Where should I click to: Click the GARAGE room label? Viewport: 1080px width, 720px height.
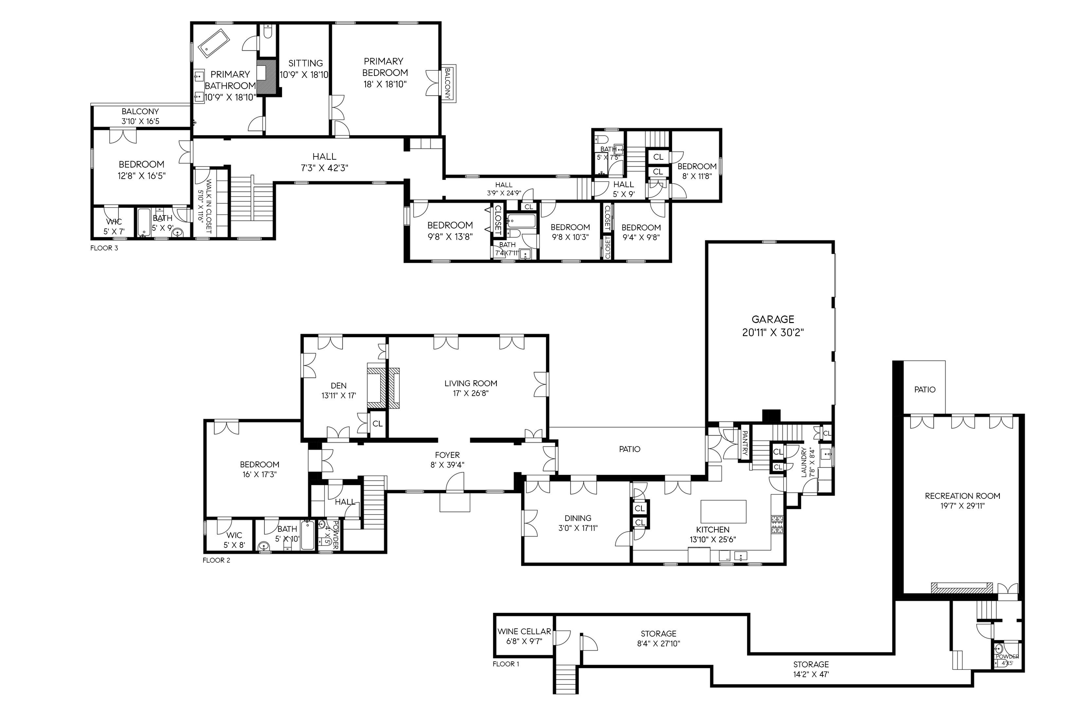(772, 319)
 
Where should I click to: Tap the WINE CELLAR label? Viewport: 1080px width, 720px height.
(524, 631)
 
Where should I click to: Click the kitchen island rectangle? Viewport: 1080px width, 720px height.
(723, 512)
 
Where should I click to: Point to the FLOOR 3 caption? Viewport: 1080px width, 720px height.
(104, 248)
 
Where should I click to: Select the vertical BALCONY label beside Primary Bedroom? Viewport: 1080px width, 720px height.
(448, 83)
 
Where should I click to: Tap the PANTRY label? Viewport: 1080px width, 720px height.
(745, 443)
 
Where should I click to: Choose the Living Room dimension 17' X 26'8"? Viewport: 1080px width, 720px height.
(470, 393)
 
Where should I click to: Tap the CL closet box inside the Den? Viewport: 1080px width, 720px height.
(377, 424)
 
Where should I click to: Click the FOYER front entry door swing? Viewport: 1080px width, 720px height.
(455, 483)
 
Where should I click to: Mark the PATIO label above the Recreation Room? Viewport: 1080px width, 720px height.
(924, 389)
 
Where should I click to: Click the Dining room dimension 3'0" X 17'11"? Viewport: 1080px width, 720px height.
(578, 528)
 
